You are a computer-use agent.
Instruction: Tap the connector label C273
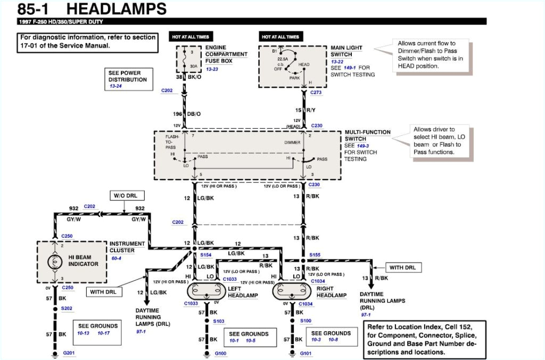click(316, 93)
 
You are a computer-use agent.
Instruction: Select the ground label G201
click(69, 353)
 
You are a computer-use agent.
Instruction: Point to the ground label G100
click(220, 353)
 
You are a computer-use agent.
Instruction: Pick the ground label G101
click(305, 353)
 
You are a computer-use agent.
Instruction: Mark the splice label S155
click(315, 255)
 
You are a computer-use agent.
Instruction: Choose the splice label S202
click(67, 308)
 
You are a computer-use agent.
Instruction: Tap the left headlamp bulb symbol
click(206, 291)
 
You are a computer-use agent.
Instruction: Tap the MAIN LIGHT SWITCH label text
click(346, 51)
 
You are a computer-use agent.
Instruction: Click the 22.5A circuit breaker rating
click(283, 59)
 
